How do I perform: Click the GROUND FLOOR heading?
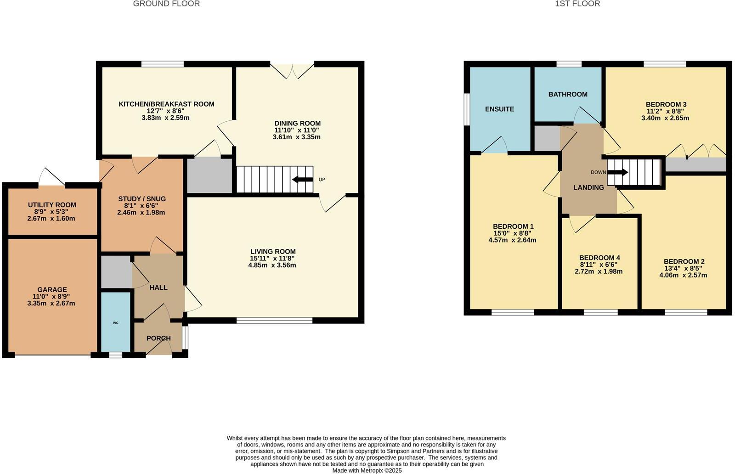(x=166, y=4)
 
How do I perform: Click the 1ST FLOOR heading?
(x=577, y=4)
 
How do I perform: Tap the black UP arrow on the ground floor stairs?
(x=302, y=179)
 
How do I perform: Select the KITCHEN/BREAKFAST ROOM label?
(x=166, y=104)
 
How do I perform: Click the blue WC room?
(x=116, y=322)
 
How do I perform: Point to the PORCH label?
(x=158, y=339)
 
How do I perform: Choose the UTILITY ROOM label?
(x=52, y=205)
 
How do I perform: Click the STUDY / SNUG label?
(x=141, y=199)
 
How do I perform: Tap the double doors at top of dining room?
(x=292, y=70)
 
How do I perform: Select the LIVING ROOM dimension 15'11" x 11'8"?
(x=272, y=259)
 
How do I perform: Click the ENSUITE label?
(x=499, y=109)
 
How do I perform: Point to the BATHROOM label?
(x=568, y=94)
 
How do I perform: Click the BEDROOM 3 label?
(x=666, y=104)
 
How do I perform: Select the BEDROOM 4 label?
(x=599, y=258)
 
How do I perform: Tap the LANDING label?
(x=588, y=187)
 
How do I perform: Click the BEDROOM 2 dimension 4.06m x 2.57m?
(x=683, y=276)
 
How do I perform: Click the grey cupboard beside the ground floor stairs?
(x=209, y=175)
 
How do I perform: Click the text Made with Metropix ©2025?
(x=367, y=470)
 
